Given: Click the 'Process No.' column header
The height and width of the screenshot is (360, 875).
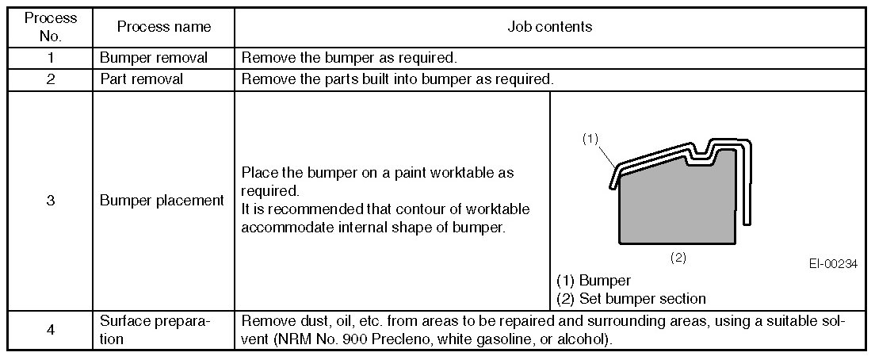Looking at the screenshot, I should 50,26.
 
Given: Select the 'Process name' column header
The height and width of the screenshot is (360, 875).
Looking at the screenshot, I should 164,26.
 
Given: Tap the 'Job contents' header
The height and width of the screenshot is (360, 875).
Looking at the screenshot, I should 549,26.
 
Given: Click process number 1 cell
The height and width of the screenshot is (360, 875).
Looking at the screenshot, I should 50,58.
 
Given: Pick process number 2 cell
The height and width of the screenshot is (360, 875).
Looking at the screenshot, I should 50,79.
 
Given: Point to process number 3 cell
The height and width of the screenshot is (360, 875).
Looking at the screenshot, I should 50,201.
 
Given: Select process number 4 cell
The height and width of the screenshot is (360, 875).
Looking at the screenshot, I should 50,330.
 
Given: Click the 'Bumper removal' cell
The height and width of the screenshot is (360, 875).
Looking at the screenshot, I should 154,58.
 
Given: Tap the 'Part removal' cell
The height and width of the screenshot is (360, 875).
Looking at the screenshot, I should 142,79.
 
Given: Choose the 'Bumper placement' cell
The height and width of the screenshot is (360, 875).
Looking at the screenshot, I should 162,201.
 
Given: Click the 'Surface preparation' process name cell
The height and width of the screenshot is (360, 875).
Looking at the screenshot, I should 155,330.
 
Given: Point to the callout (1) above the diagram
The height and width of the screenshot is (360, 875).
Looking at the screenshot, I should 590,138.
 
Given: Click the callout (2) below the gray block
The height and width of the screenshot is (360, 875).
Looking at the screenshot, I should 678,258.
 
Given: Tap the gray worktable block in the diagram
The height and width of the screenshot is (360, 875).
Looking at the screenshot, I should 678,206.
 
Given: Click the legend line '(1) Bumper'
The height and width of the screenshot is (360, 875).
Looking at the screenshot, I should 594,281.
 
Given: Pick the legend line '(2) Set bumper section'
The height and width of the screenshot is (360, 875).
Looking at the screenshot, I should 632,299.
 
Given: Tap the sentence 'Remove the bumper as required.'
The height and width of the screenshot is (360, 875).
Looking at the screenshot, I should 350,58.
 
